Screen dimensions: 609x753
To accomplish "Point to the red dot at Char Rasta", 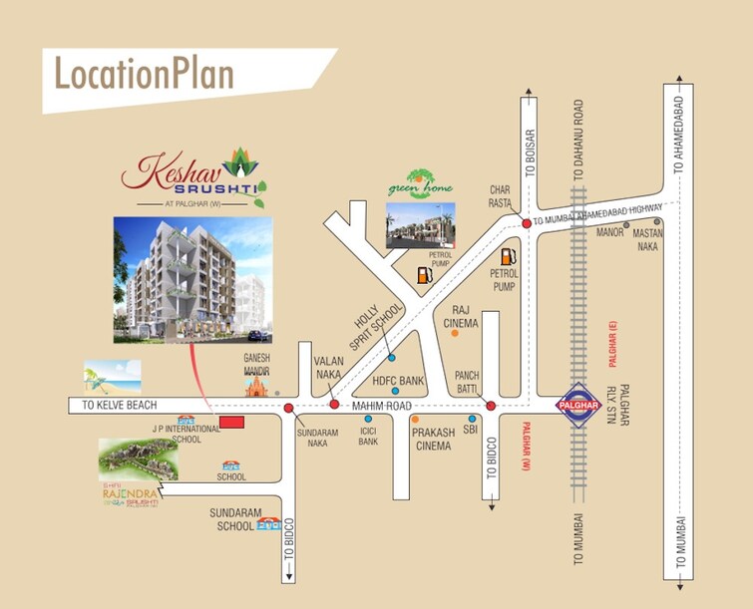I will (526, 224).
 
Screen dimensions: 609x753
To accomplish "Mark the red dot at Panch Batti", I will (491, 406).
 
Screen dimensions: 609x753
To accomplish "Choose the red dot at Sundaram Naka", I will (288, 408).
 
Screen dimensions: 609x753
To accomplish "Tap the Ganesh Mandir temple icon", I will (258, 384).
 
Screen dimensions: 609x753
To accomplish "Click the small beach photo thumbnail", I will (112, 375).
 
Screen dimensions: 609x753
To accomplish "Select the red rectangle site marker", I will (231, 424).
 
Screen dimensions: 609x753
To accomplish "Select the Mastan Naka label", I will (648, 239).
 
